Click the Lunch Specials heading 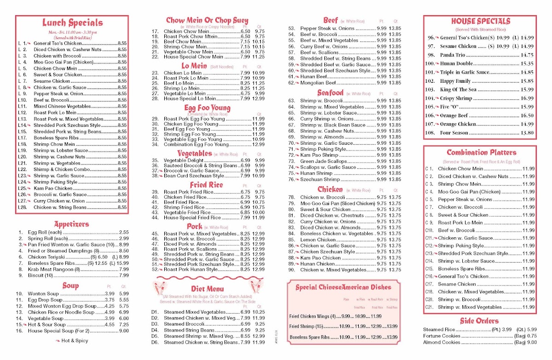(72, 23)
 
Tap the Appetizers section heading (71, 224)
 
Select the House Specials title (480, 21)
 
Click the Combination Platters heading (481, 152)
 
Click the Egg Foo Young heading (207, 108)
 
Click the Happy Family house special (455, 81)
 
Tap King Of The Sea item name (458, 90)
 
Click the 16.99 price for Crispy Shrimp (527, 98)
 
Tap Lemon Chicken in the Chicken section (318, 240)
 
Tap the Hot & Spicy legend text (74, 341)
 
